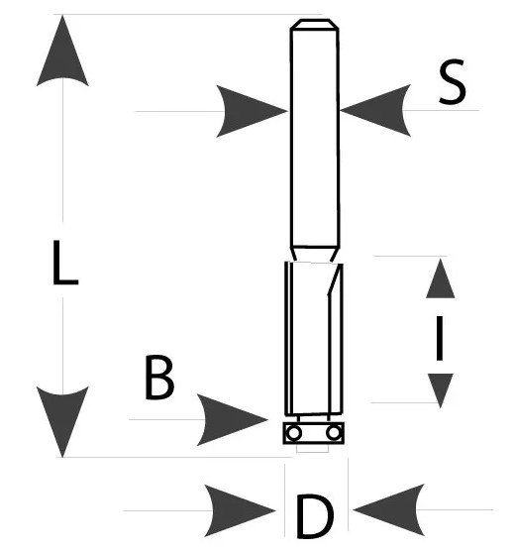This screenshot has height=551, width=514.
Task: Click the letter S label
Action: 453,82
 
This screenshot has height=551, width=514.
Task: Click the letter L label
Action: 65,263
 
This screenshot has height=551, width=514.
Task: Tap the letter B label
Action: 159,378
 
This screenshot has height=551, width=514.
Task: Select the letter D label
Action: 315,516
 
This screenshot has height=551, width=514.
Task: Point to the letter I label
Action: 439,338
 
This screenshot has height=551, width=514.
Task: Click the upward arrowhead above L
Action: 62,51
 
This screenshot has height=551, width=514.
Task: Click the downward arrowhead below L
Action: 62,422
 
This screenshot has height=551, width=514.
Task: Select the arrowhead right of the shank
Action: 375,110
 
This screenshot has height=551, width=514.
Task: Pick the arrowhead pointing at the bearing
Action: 233,419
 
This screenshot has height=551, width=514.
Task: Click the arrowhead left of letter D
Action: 240,510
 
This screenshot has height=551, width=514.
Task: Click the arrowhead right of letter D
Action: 388,510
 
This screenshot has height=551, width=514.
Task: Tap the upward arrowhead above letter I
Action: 441,278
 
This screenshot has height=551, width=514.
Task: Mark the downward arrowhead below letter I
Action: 441,390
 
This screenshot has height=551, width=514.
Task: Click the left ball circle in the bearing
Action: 293,433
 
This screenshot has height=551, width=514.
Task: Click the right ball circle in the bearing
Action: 333,433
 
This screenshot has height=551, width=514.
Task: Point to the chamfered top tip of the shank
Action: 314,24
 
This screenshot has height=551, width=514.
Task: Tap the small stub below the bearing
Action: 313,448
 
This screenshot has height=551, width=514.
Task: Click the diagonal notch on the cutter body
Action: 335,280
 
